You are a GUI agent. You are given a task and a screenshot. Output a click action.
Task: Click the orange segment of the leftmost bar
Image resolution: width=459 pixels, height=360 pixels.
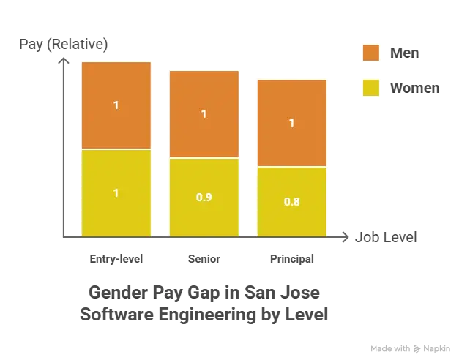coord(116,105)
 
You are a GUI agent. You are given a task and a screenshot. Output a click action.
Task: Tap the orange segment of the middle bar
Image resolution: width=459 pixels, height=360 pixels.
coord(204,114)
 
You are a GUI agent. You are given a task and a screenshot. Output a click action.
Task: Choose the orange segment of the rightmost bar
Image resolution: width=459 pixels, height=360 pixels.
coord(291,123)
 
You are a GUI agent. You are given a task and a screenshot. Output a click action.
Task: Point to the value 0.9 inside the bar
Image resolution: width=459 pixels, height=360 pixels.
coord(204,197)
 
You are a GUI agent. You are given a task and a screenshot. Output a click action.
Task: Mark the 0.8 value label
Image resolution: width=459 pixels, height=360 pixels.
coord(291,201)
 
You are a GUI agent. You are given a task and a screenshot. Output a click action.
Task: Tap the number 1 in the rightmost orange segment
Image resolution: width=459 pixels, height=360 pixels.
coord(291,123)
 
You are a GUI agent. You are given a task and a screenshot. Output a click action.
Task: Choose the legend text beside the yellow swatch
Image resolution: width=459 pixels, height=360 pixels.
coord(413,88)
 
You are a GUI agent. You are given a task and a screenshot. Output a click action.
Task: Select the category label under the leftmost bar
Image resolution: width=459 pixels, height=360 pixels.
coord(116,258)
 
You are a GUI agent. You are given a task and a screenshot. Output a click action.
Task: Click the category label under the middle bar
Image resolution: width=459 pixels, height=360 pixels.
coord(204,258)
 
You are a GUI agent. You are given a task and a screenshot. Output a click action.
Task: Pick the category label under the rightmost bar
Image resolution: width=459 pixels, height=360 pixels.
coord(291,258)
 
